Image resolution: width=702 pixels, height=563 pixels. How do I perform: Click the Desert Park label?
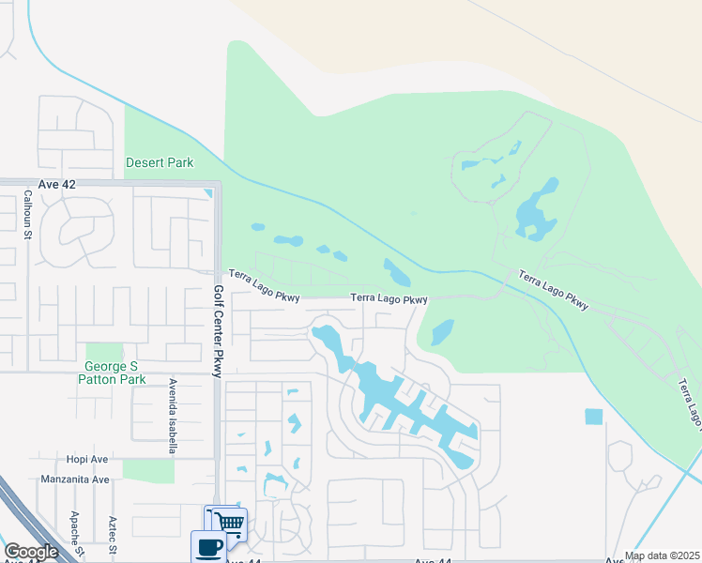(160, 162)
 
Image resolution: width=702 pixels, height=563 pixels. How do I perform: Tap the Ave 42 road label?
(56, 185)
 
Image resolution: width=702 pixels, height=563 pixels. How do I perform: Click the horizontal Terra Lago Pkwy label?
(389, 299)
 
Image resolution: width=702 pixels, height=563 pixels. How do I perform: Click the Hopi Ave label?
(87, 460)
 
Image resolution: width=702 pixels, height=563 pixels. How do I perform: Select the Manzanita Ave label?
(75, 479)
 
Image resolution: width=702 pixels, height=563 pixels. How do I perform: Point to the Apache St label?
(74, 531)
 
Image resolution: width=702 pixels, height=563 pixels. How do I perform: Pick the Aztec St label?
(112, 535)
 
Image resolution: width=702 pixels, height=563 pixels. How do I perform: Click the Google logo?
(31, 552)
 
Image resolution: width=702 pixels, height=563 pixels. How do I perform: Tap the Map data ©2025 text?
(662, 555)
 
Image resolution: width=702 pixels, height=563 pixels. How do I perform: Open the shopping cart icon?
(228, 523)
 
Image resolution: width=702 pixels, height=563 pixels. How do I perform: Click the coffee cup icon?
(207, 545)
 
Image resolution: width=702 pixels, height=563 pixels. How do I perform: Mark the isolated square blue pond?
(593, 417)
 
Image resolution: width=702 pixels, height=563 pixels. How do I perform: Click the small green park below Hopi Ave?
(147, 470)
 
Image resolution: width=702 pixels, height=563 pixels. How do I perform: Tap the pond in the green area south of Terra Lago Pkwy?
(442, 331)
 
